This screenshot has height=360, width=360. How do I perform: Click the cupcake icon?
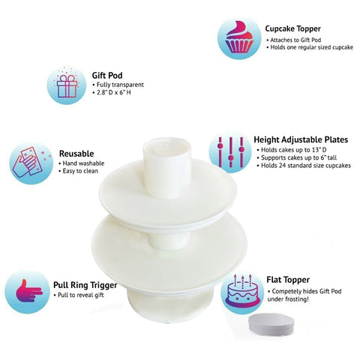tap(239, 38)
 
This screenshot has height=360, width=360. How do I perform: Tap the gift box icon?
tap(67, 85)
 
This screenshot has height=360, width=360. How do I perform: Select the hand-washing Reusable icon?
tap(31, 163)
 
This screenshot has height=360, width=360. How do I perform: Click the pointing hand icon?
tap(27, 292)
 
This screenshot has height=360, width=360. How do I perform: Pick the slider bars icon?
tap(230, 151)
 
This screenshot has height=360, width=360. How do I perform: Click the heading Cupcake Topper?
tap(292, 28)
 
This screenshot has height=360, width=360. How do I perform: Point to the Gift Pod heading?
tap(107, 75)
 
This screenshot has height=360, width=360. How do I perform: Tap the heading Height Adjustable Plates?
tap(301, 139)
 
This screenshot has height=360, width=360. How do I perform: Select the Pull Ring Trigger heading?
tap(85, 285)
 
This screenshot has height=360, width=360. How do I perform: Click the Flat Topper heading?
tap(288, 280)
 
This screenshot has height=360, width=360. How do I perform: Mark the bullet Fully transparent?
tap(118, 85)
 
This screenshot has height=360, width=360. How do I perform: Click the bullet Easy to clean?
tap(78, 171)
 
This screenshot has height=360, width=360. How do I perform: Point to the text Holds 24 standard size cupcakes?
tap(304, 166)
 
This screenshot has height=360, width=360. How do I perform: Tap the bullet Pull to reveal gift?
tap(79, 295)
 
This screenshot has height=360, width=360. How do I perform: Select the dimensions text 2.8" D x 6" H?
tap(112, 92)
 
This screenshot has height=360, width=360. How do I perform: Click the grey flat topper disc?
tap(271, 325)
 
